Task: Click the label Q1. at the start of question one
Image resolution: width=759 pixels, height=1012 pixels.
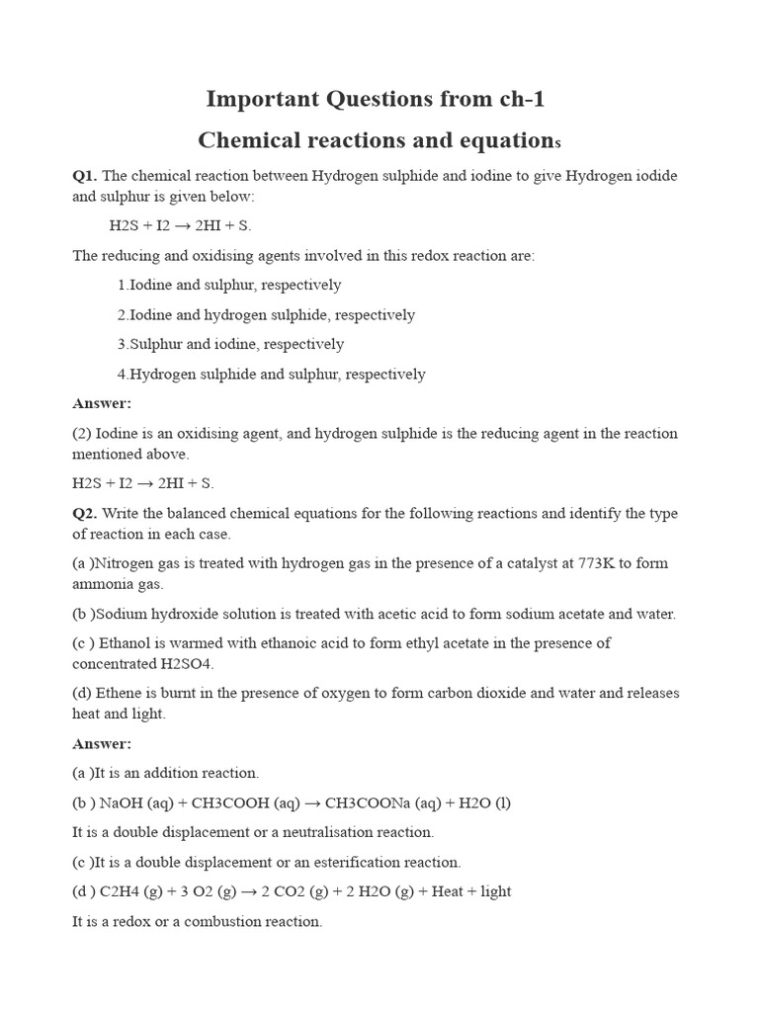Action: click(x=84, y=176)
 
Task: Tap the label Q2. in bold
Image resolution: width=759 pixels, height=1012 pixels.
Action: click(x=84, y=514)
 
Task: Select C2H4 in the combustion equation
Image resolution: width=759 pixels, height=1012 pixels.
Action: click(x=122, y=891)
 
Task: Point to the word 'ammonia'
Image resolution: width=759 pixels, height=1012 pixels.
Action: click(x=101, y=584)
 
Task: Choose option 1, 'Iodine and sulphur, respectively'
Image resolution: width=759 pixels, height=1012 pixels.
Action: click(x=229, y=285)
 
